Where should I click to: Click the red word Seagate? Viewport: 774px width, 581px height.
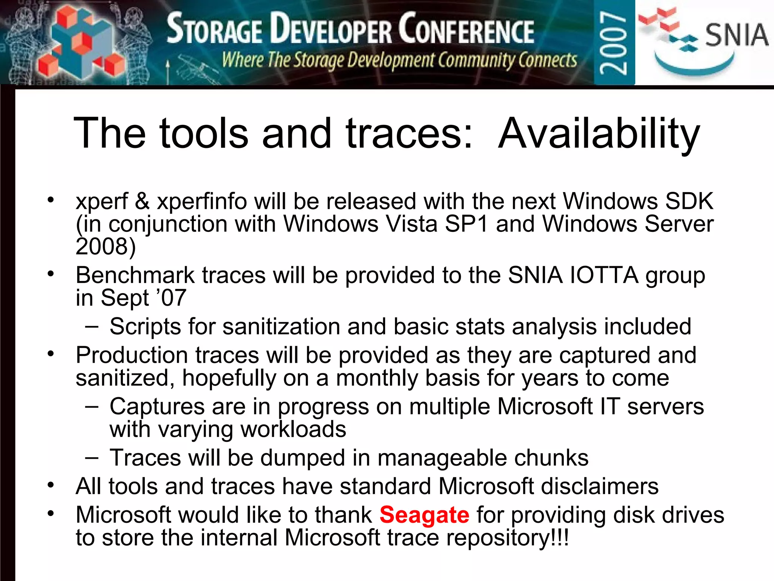tap(424, 515)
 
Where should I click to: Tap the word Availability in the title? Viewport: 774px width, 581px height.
tap(599, 134)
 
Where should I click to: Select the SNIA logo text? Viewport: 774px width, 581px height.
tap(737, 35)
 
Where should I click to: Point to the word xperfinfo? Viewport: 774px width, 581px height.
tap(202, 202)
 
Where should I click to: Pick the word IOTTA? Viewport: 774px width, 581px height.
tap(604, 275)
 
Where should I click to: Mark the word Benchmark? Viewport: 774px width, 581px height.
tap(135, 275)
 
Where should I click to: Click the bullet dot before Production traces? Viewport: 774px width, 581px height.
tap(51, 354)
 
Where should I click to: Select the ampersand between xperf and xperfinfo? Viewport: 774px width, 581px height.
tap(142, 202)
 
